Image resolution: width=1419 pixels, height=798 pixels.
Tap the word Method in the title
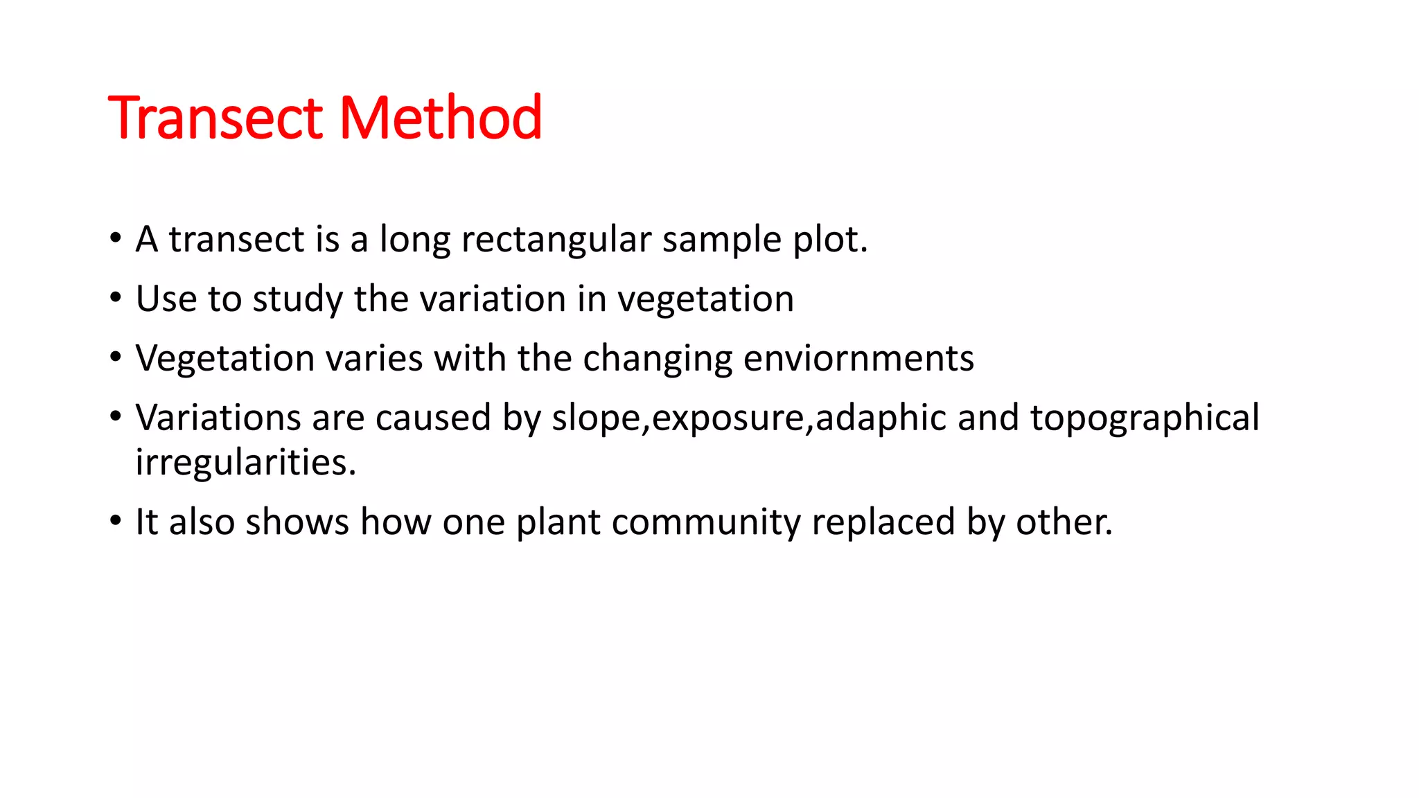click(441, 118)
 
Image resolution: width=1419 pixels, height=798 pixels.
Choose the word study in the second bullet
click(297, 301)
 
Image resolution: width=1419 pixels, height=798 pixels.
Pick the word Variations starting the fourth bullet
click(218, 418)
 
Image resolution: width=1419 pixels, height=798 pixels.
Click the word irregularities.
click(245, 463)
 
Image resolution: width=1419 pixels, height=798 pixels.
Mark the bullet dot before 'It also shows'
click(115, 520)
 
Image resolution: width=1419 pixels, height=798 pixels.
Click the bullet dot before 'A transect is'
click(115, 238)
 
